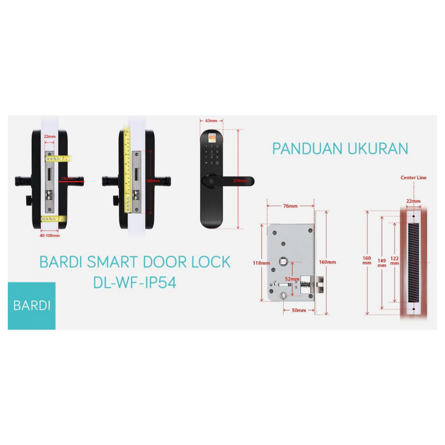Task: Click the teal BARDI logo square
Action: pos(32,306)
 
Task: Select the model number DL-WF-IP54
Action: pos(135,283)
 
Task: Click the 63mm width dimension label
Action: pos(211,120)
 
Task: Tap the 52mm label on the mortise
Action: pos(292,279)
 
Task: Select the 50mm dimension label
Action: pos(299,310)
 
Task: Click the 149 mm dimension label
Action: pos(382,262)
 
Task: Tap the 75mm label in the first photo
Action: pos(66,178)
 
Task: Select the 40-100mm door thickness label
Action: pos(50,236)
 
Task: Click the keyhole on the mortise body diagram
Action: pos(284,296)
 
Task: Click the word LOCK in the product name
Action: pos(208,262)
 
